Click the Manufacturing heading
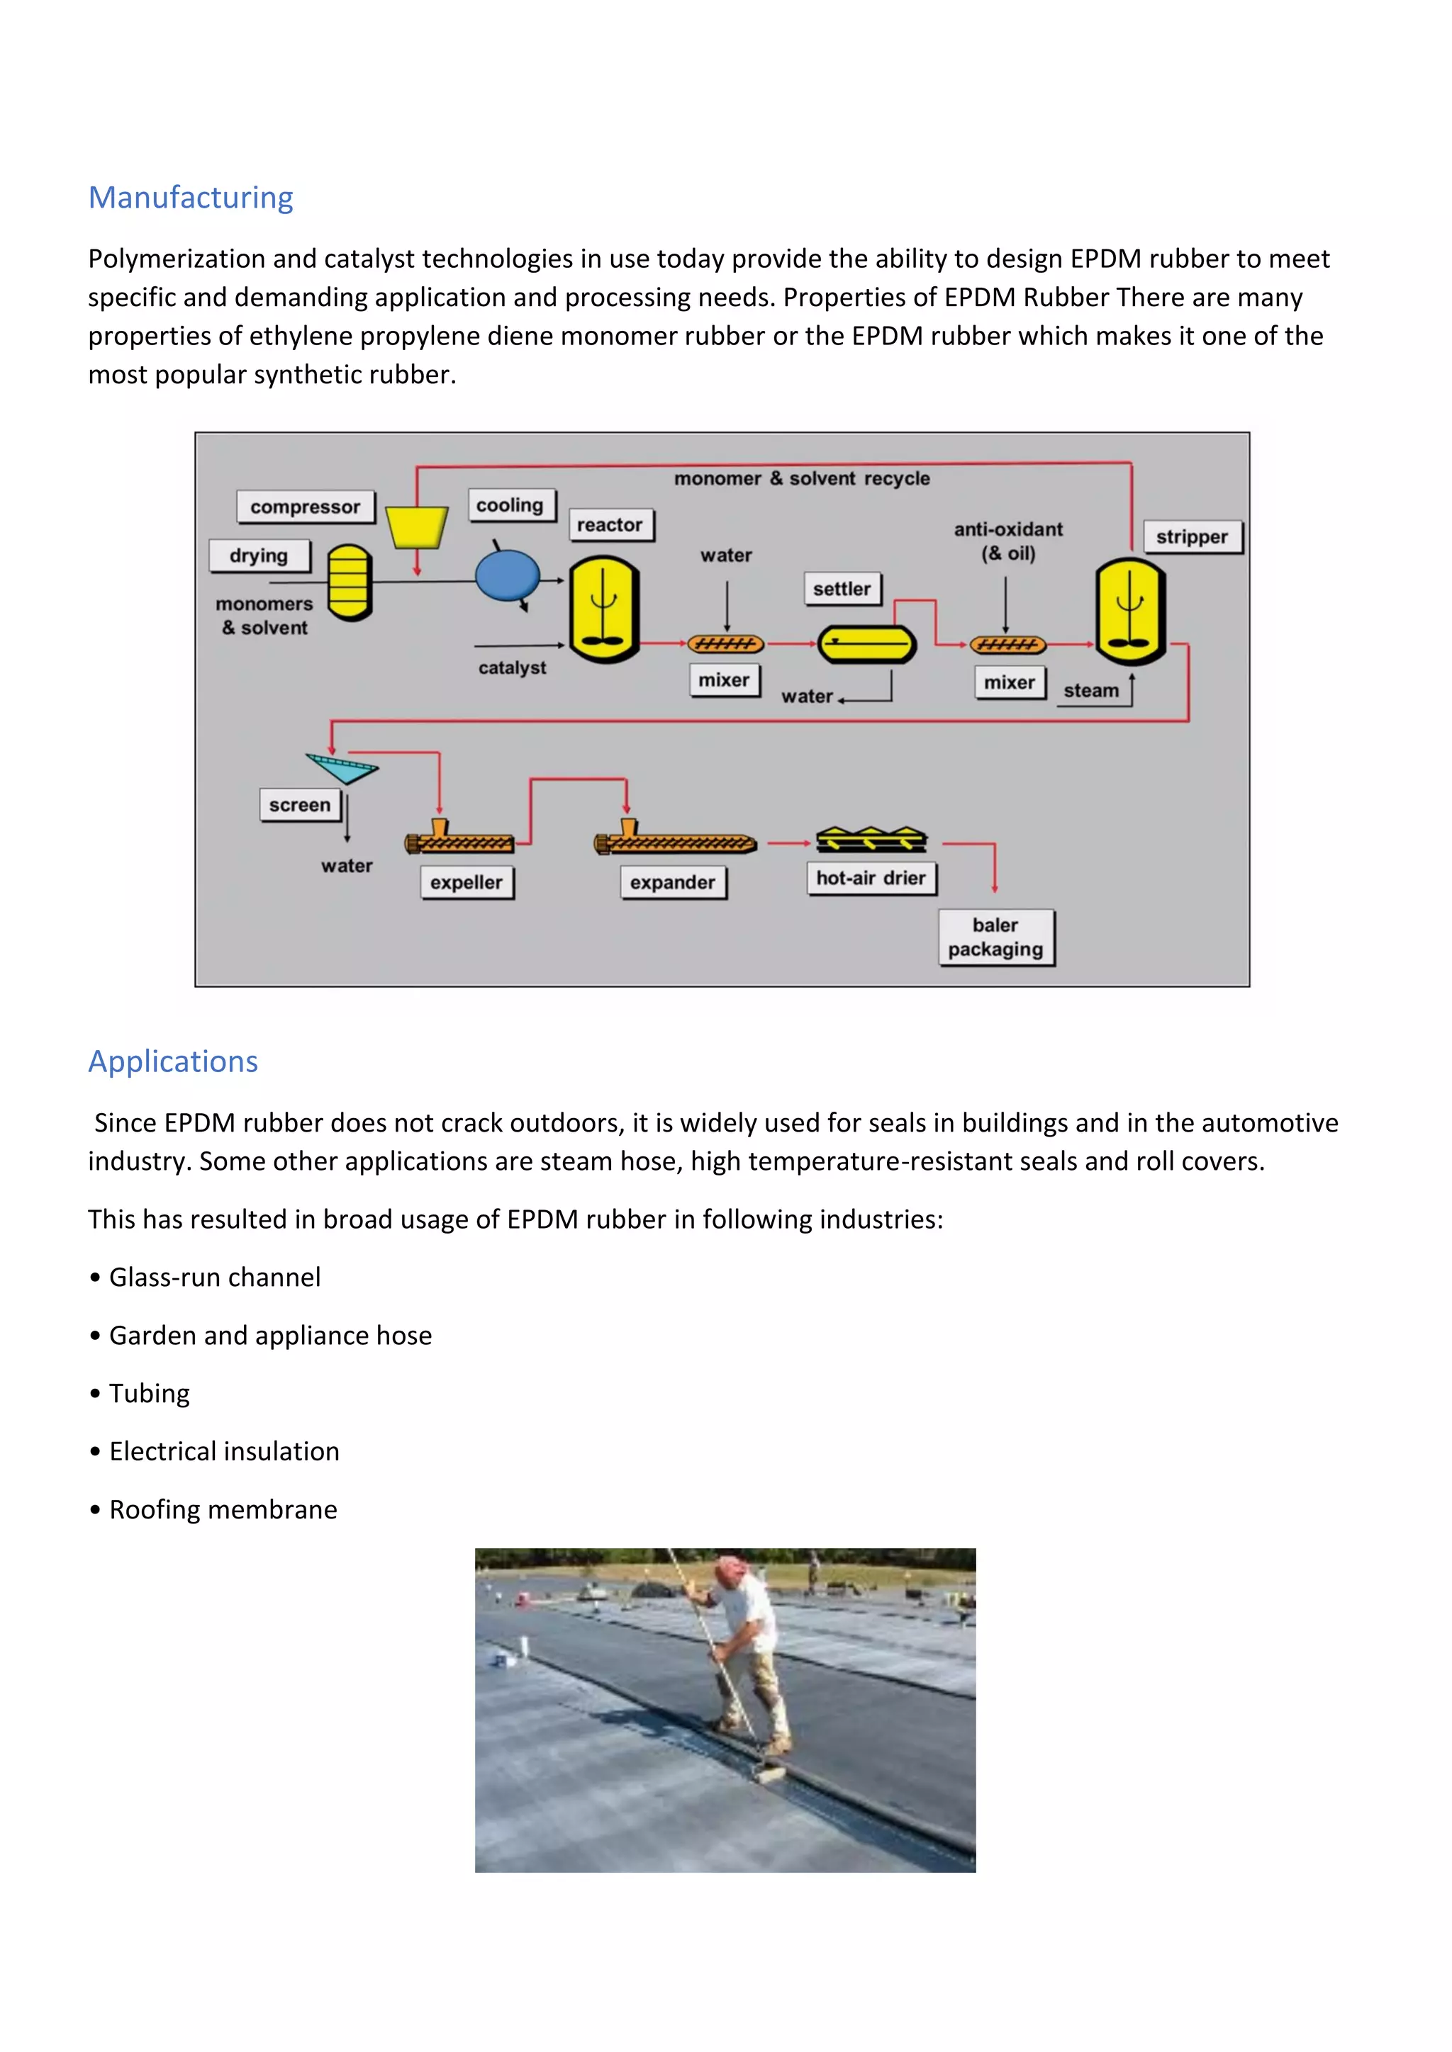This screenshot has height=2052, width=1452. tap(191, 198)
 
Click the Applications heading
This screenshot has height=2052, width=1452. tap(172, 1061)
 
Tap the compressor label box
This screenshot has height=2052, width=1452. tap(305, 507)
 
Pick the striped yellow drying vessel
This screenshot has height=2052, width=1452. tap(349, 582)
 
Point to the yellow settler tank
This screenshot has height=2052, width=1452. tap(866, 643)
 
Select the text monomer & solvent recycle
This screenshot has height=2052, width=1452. tap(801, 478)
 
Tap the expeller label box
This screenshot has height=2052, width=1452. tap(466, 882)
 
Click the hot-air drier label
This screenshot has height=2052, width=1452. tap(870, 878)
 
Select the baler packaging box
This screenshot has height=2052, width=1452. tap(995, 937)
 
